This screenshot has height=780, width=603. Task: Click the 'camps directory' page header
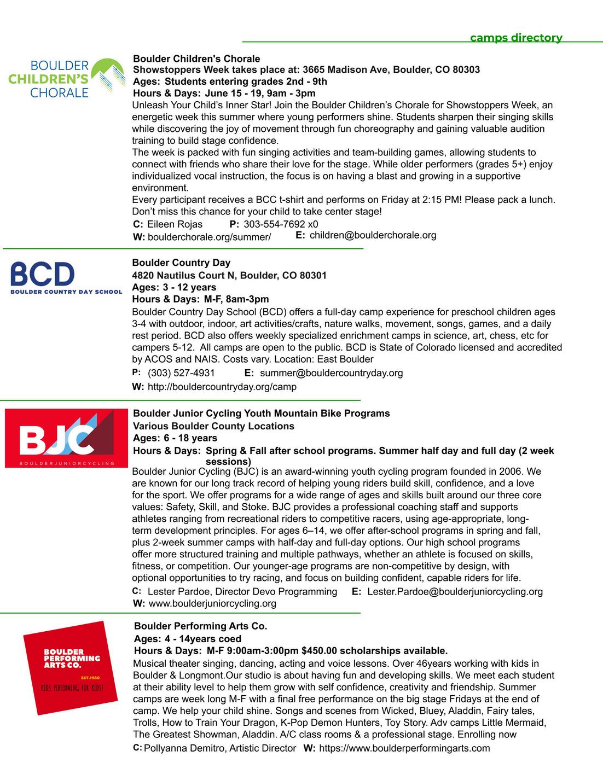(x=516, y=38)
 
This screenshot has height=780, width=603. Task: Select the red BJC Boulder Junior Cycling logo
(x=66, y=438)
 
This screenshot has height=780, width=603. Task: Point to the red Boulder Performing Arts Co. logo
(x=71, y=668)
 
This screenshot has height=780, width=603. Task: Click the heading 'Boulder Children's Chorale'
(x=196, y=59)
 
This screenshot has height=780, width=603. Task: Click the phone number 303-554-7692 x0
(x=281, y=224)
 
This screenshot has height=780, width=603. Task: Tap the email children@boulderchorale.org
(x=373, y=235)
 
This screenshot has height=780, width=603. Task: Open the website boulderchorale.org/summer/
(x=209, y=237)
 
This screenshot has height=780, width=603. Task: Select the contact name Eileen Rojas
(x=175, y=224)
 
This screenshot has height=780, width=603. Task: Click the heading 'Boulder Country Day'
(x=181, y=263)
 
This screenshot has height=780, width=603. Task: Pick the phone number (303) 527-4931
(x=181, y=373)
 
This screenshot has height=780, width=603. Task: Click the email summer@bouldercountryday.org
(x=331, y=373)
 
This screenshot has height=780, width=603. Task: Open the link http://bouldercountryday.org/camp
(x=222, y=387)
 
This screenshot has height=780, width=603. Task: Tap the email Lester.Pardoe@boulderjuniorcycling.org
(x=455, y=591)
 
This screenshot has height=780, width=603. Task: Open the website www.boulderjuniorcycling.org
(x=212, y=603)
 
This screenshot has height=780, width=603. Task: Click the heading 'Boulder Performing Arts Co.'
(x=200, y=626)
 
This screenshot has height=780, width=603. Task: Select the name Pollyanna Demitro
(x=182, y=748)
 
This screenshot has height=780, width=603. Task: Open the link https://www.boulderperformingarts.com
(x=404, y=748)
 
